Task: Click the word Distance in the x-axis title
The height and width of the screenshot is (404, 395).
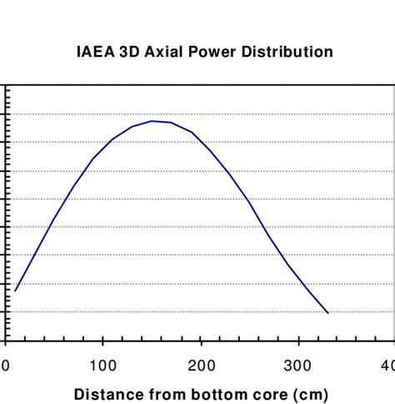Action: point(106,394)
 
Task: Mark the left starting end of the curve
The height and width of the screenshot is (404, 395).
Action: point(15,290)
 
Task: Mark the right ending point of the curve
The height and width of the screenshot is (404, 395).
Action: point(328,313)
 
